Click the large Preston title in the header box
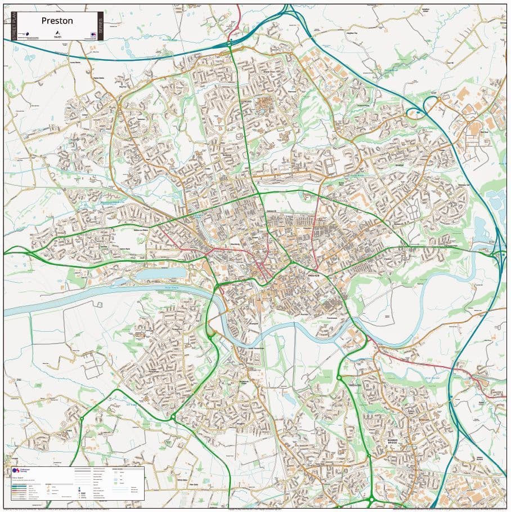[57, 21]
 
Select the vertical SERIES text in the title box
[101, 25]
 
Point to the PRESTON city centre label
[317, 276]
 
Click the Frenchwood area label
[326, 317]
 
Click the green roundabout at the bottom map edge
[371, 499]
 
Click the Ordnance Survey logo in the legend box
[16, 470]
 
